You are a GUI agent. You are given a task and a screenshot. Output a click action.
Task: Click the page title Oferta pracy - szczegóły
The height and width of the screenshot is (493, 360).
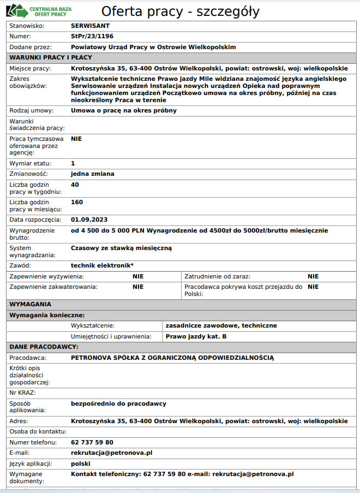point(180,11)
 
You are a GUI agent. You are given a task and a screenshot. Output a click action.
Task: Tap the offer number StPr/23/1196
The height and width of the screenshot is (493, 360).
point(93,37)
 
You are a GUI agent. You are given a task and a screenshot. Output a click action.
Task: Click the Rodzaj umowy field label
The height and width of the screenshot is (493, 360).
point(32,110)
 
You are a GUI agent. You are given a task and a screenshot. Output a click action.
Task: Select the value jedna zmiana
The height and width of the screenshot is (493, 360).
point(93,174)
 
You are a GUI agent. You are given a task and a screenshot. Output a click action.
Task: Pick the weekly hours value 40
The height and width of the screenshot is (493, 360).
point(75,185)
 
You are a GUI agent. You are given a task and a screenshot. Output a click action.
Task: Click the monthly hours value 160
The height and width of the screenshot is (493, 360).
point(77,202)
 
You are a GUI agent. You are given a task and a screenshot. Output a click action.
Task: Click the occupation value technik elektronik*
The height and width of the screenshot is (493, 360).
point(102,265)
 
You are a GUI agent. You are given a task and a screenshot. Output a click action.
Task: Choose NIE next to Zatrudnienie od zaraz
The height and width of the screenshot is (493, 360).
point(313,277)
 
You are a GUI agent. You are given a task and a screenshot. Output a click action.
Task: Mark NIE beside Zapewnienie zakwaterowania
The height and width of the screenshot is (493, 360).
point(138,287)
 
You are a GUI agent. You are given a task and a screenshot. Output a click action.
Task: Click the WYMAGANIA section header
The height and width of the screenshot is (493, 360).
point(31,304)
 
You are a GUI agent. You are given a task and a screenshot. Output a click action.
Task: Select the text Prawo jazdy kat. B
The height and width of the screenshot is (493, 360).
point(196,336)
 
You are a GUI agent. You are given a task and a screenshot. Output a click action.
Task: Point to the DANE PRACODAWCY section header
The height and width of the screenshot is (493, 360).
point(44,347)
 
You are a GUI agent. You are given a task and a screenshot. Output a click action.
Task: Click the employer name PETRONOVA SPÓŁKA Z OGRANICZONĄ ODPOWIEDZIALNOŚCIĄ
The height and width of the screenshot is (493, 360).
point(172,358)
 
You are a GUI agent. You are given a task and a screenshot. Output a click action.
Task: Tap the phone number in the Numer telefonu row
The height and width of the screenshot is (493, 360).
point(92,442)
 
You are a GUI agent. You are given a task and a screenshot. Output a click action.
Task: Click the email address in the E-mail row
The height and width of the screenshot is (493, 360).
point(112,453)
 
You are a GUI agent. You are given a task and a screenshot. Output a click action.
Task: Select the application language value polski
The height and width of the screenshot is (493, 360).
point(81,464)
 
